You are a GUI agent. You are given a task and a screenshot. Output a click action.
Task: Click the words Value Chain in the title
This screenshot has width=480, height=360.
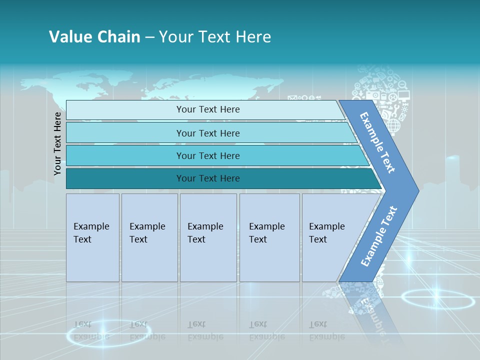94,37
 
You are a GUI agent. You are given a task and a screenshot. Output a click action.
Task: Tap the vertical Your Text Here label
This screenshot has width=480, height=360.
57,143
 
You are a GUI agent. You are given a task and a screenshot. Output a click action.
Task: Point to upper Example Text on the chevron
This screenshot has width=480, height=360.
377,142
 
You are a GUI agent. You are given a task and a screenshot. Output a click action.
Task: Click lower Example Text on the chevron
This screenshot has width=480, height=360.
379,236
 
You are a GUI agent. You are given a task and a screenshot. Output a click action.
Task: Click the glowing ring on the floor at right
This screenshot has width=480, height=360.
437,299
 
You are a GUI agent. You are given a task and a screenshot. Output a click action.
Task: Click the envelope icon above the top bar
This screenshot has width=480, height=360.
292,98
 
